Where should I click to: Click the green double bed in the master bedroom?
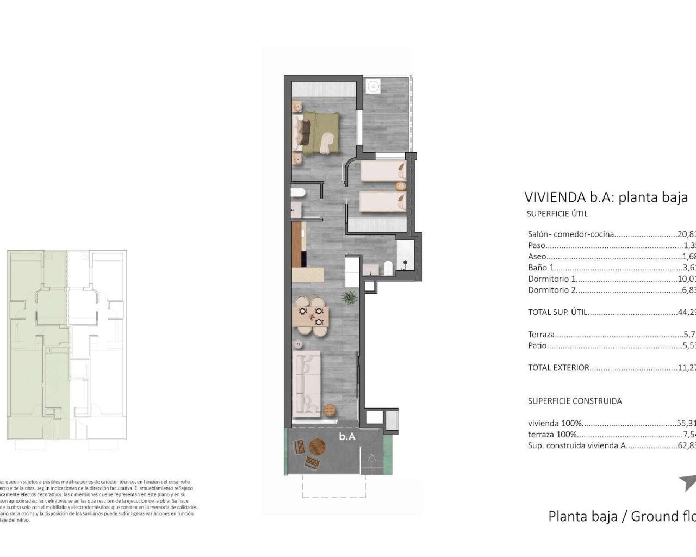click(x=321, y=133)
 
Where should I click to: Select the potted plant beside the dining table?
click(x=349, y=297)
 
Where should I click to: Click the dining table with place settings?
click(x=310, y=316)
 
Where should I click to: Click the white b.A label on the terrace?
click(x=347, y=436)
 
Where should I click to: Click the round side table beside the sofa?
click(x=330, y=410)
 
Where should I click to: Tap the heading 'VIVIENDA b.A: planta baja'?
click(x=606, y=197)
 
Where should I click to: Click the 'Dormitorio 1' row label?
click(x=551, y=278)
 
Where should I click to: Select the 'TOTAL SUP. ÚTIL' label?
click(x=557, y=312)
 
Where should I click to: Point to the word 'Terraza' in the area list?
click(x=541, y=335)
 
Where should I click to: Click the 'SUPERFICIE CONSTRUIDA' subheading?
click(x=574, y=401)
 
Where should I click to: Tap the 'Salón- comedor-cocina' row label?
click(x=570, y=234)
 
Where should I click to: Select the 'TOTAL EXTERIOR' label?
click(x=558, y=368)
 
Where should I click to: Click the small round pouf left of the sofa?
click(x=298, y=344)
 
